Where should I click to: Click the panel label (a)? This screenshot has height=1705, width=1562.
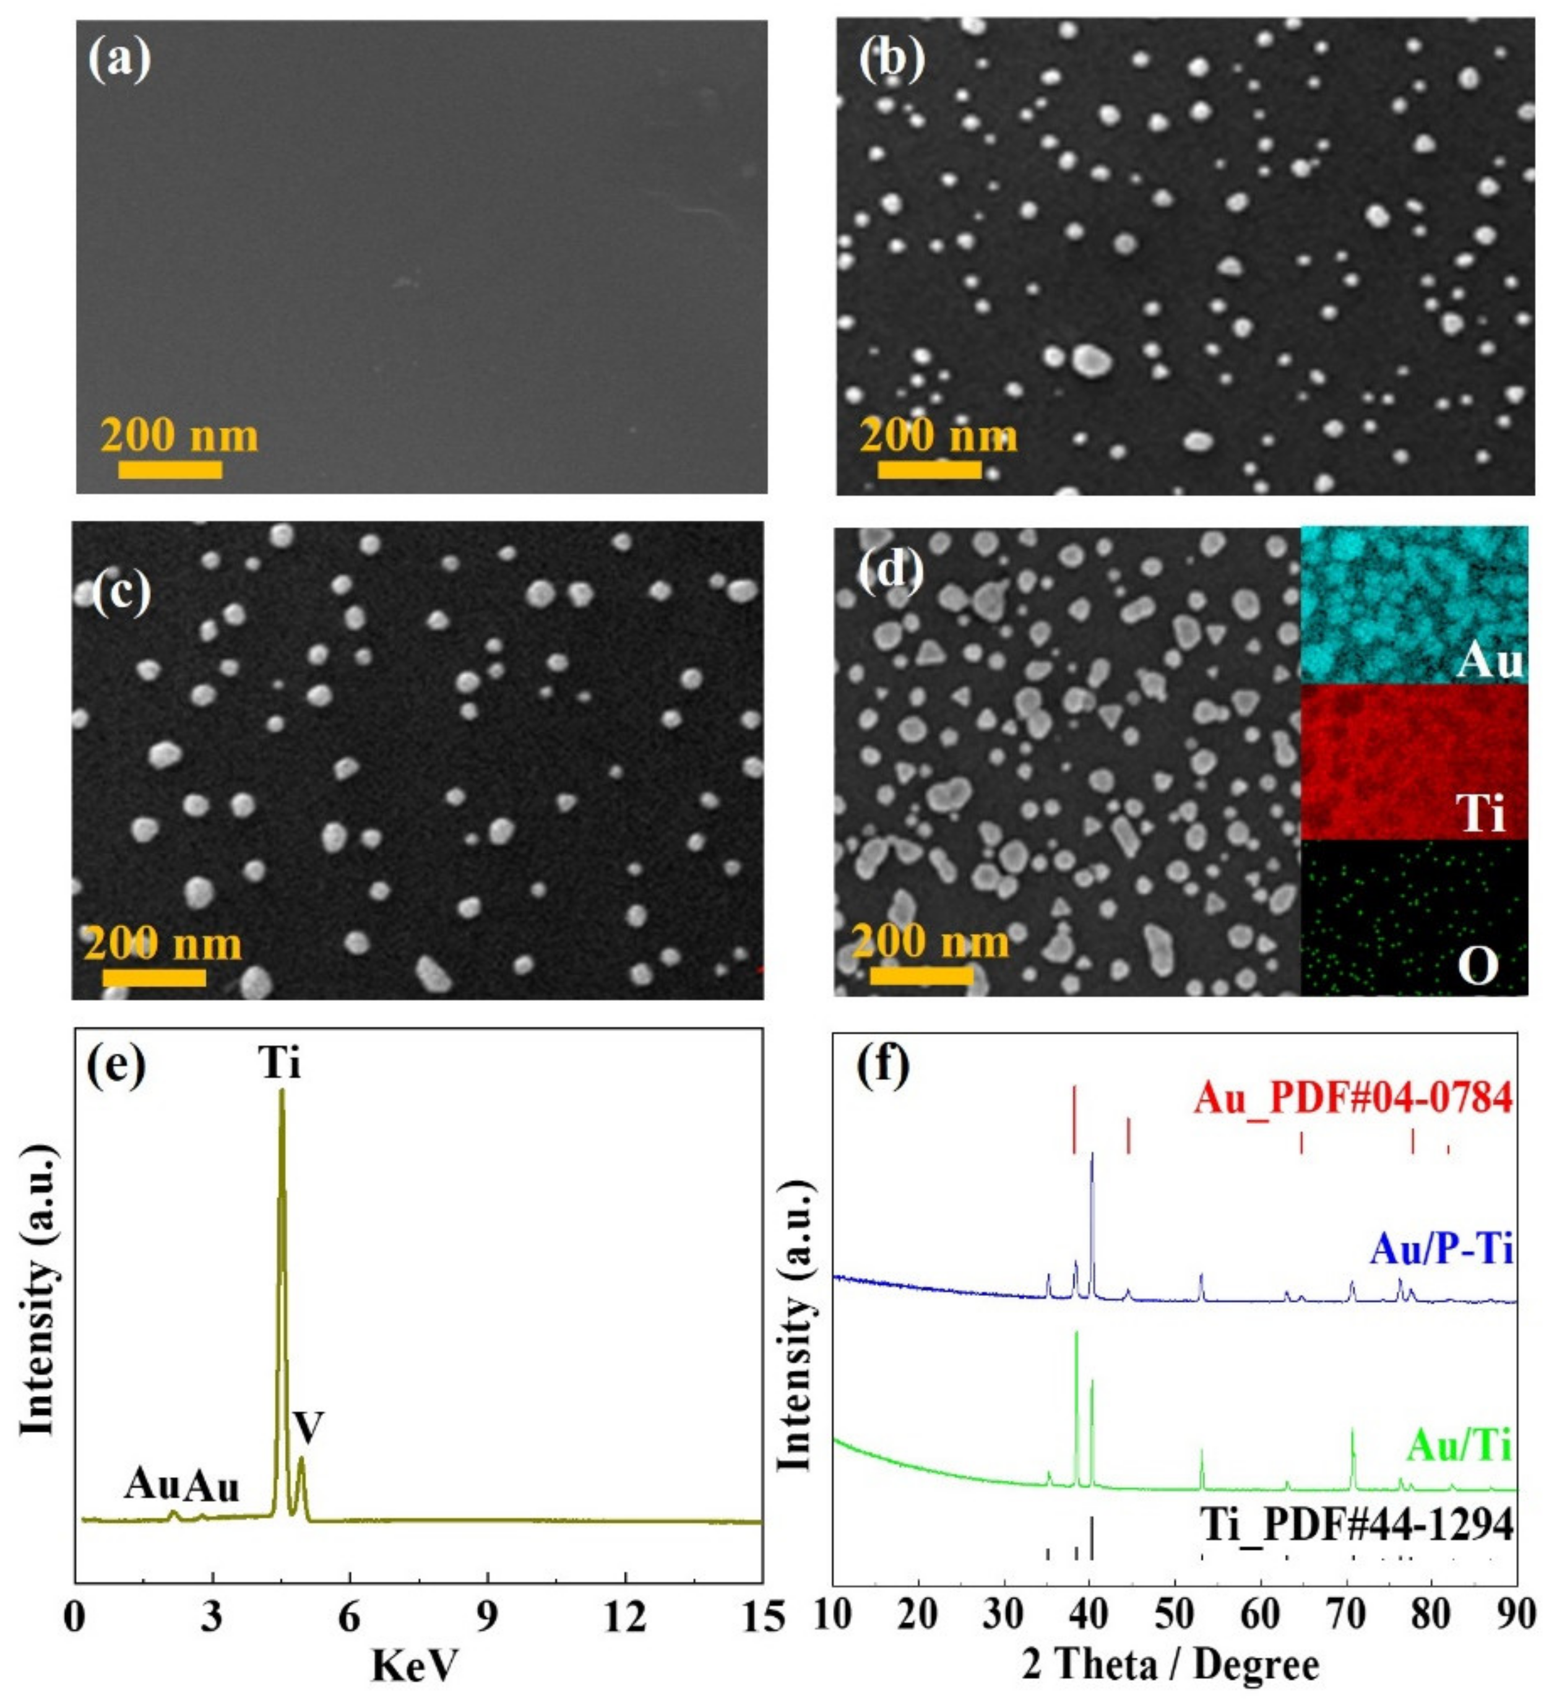pos(119,60)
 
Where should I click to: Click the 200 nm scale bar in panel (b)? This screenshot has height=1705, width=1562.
pos(930,468)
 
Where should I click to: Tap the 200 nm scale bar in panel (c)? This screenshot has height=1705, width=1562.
pos(154,977)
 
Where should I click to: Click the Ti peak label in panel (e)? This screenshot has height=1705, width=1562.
pos(280,1062)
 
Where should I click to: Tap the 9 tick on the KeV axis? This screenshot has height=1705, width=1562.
pos(487,1617)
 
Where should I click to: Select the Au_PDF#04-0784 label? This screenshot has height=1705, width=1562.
pos(1352,1099)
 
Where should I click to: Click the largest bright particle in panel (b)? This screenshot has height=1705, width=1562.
pos(1091,360)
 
